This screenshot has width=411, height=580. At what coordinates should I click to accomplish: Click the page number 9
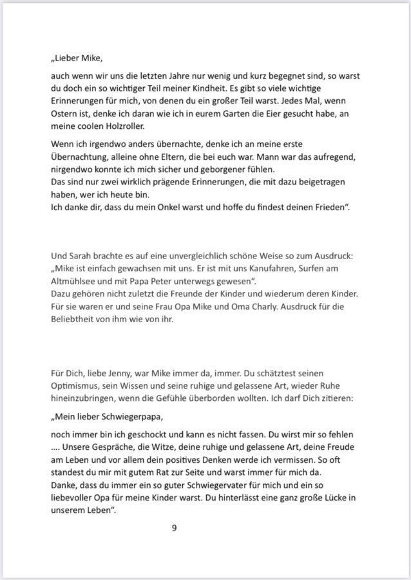[x=174, y=529]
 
